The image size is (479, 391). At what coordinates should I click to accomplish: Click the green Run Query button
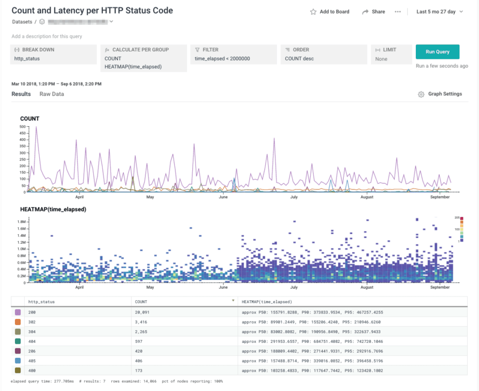click(437, 52)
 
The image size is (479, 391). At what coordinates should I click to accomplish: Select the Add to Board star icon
click(313, 12)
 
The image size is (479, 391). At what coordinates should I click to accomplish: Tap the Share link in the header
click(378, 12)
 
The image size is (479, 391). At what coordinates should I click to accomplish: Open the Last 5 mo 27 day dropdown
click(439, 12)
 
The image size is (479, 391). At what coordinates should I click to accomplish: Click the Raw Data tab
click(51, 94)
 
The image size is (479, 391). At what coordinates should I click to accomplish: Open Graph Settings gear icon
click(421, 94)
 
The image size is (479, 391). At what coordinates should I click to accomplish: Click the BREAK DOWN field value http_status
click(27, 59)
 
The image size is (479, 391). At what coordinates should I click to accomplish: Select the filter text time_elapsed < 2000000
click(222, 59)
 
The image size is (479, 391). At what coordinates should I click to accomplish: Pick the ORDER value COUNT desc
click(299, 59)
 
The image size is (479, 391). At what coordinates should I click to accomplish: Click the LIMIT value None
click(381, 59)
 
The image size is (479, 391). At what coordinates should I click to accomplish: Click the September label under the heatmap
click(440, 288)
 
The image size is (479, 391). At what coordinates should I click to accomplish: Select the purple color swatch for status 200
click(18, 312)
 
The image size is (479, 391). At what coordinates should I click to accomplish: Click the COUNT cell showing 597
click(139, 341)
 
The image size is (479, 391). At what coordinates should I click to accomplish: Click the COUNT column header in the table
click(141, 302)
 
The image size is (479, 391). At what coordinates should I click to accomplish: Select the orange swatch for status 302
click(18, 322)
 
